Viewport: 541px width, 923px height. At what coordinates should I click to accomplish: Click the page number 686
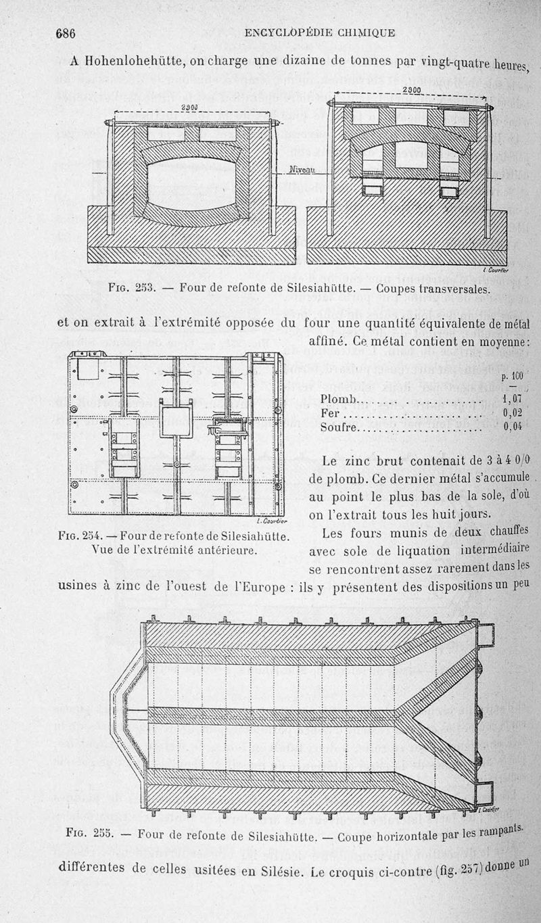[62, 33]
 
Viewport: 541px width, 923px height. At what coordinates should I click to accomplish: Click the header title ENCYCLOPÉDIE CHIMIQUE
[320, 32]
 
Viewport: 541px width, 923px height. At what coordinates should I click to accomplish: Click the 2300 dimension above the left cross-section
[190, 108]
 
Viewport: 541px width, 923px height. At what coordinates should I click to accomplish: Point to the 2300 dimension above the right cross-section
[411, 91]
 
